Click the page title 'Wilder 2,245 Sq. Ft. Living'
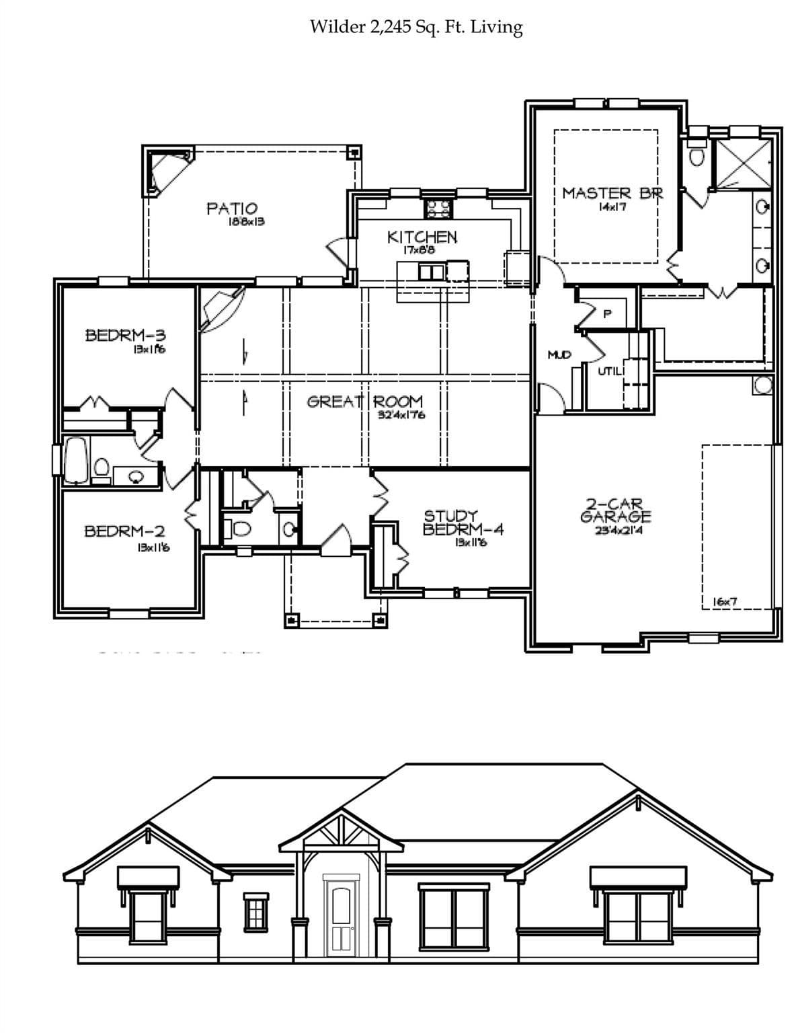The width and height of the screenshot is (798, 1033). (x=415, y=27)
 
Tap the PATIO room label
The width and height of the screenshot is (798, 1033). (x=231, y=209)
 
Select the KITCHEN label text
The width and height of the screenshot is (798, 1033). (x=422, y=237)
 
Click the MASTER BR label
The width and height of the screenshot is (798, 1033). (x=612, y=194)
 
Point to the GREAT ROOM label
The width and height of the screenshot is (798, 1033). (x=365, y=401)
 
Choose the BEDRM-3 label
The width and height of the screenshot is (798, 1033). (x=126, y=335)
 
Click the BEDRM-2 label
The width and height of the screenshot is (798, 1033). (x=124, y=531)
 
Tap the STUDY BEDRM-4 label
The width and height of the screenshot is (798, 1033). (x=463, y=523)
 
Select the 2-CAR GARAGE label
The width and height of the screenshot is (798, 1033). (x=615, y=510)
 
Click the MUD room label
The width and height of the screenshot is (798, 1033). (x=559, y=354)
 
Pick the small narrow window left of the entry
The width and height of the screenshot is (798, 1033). (x=255, y=911)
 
